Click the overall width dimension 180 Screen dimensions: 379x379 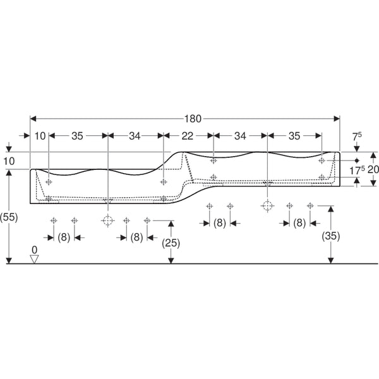coord(193,119)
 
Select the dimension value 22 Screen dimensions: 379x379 coord(188,136)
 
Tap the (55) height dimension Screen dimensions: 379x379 coord(9,217)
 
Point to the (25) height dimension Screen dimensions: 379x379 coord(171,243)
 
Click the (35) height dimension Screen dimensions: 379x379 coord(330,236)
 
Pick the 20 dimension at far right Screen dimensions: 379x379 coord(373,169)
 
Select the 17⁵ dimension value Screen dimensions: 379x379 coord(357,171)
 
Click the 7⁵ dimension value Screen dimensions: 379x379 coord(357,136)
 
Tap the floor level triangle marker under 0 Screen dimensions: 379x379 coord(34,259)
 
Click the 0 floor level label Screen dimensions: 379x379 coord(35,250)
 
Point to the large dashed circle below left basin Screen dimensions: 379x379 coord(107,220)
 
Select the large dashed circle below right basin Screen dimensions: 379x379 coord(267,206)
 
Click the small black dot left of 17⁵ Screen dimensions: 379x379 coord(357,160)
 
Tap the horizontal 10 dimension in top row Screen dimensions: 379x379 coord(40,136)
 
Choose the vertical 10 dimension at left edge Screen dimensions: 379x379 coord(9,161)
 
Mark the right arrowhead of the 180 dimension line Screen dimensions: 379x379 coord(337,119)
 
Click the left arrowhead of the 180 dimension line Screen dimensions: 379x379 coord(33,119)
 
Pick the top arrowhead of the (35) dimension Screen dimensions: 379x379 coord(330,209)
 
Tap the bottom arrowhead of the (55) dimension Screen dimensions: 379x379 coord(9,260)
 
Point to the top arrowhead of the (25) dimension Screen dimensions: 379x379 coord(171,224)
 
